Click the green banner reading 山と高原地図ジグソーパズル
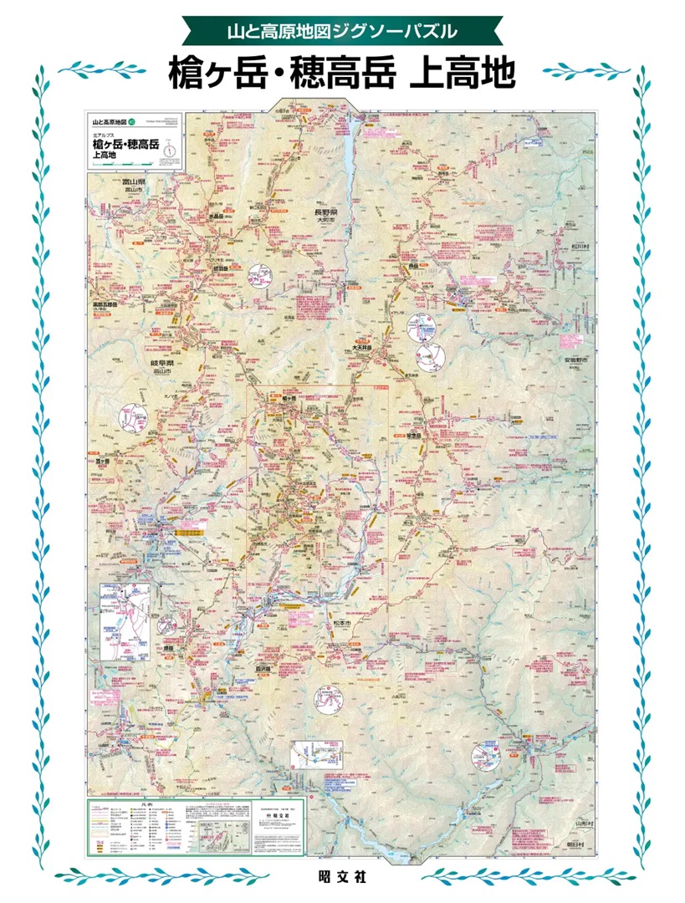pyautogui.click(x=342, y=32)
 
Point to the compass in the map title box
pyautogui.click(x=170, y=150)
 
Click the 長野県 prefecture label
pyautogui.click(x=329, y=212)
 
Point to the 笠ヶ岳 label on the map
pyautogui.click(x=102, y=461)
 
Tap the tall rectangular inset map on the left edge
pyautogui.click(x=124, y=622)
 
